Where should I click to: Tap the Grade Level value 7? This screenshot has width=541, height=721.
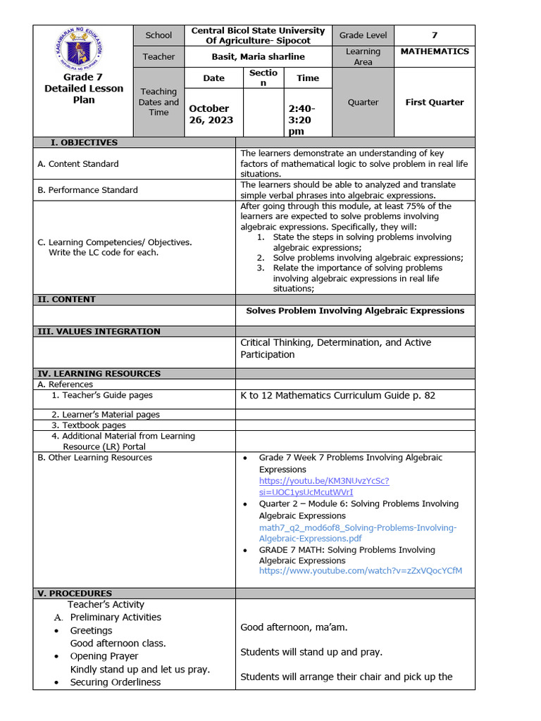click(434, 35)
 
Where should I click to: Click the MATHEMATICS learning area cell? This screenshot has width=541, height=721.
click(434, 51)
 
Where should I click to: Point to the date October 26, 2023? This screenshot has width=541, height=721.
click(210, 114)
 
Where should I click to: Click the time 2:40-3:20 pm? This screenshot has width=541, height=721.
click(303, 120)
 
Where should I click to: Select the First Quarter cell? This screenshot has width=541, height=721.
click(434, 102)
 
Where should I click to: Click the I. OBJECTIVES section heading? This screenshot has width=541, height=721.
click(84, 142)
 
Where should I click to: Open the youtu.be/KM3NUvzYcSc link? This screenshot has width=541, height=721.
click(323, 487)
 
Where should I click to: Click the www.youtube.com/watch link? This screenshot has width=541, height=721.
click(360, 571)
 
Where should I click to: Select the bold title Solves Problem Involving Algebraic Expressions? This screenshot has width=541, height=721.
click(355, 311)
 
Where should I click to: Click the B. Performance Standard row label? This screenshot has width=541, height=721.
click(87, 189)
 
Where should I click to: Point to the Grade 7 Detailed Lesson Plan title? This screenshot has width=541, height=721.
click(83, 89)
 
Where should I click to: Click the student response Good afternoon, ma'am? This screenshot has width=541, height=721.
click(294, 627)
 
